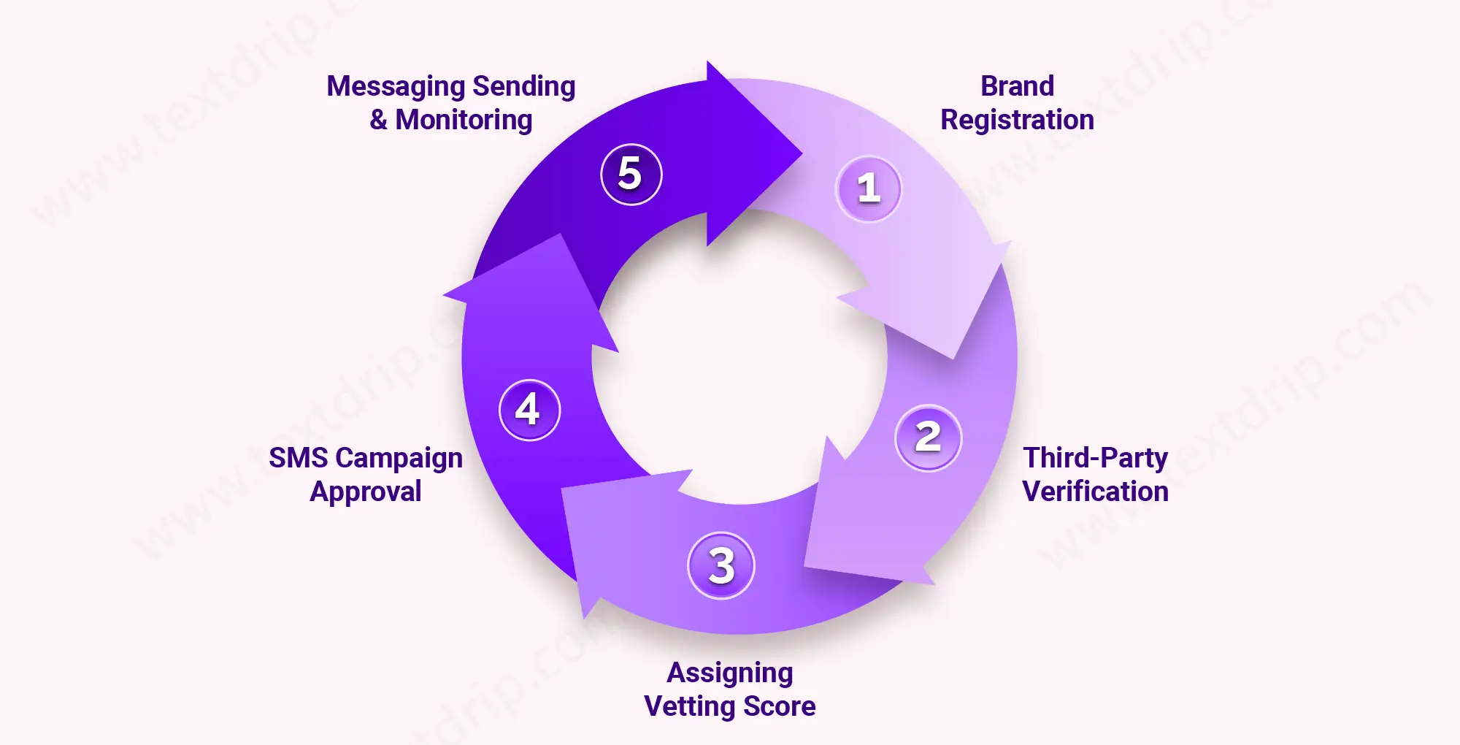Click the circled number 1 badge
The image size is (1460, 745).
point(868,188)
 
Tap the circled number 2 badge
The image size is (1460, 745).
point(928,438)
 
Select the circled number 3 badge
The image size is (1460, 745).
point(721,565)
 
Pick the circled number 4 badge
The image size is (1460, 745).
point(529,410)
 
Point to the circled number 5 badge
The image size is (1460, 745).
point(631,174)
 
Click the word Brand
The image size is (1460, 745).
point(1017,86)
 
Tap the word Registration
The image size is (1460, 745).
point(1017,120)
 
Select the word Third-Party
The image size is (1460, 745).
point(1095,458)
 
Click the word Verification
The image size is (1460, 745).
point(1095,492)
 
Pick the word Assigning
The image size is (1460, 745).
point(730,673)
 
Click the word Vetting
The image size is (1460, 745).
point(689,706)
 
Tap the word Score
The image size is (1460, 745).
point(779,706)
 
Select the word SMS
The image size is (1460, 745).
point(298,458)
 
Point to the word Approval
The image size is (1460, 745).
point(366,492)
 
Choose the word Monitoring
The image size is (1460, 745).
point(464,120)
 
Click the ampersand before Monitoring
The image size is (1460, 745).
point(378,120)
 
